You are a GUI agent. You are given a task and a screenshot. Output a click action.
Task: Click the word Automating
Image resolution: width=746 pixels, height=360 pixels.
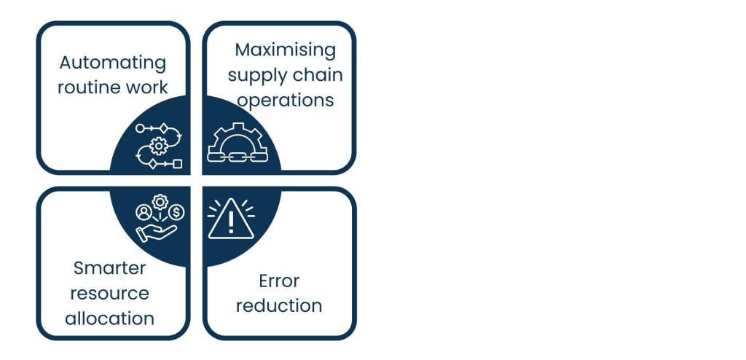click(112, 63)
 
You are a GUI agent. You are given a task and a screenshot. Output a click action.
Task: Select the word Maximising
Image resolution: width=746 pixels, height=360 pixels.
click(285, 50)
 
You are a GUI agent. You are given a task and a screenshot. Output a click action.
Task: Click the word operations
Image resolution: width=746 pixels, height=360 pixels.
click(286, 99)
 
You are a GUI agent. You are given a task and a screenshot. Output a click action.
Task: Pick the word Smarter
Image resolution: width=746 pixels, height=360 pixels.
click(109, 268)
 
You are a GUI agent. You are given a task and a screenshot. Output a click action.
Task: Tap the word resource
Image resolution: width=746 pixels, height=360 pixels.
click(109, 293)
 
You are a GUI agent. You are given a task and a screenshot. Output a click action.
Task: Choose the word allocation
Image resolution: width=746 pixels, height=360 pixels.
click(109, 318)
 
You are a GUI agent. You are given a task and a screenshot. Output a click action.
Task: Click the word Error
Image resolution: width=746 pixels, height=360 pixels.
click(279, 281)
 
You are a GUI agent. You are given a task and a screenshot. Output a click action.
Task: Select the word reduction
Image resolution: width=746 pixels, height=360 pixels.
click(279, 305)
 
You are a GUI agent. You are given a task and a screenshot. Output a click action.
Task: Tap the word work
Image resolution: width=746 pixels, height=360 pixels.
click(149, 87)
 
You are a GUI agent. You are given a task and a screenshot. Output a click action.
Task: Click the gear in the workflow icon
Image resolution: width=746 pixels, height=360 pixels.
click(158, 146)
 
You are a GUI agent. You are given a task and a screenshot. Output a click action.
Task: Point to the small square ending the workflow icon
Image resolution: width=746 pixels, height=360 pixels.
click(177, 164)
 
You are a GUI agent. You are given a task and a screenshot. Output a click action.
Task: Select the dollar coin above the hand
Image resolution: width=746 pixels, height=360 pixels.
click(177, 212)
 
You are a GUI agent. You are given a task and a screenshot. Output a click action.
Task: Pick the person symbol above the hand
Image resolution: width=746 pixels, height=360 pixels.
click(143, 212)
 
